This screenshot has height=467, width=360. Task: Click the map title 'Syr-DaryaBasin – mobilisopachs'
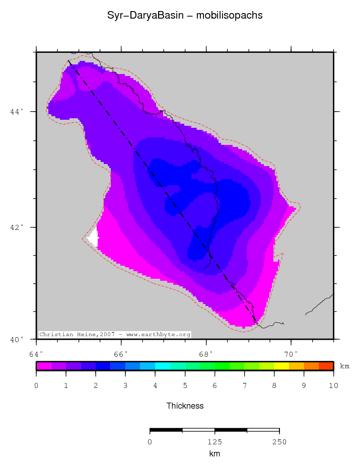point(185,16)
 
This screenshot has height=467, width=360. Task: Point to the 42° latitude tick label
point(17,227)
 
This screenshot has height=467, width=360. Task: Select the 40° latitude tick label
point(17,339)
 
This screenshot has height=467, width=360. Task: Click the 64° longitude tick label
point(36,354)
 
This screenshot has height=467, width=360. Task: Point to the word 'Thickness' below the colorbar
point(185,406)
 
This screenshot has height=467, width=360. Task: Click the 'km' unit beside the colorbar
point(344,366)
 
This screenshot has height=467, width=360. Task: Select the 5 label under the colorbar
point(185,386)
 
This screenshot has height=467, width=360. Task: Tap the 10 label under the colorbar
point(333,386)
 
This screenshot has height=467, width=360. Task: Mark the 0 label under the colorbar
point(36,386)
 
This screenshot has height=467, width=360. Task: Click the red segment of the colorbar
point(326,366)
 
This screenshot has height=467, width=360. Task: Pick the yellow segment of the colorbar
point(282,366)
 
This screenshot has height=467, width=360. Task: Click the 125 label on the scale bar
point(214,442)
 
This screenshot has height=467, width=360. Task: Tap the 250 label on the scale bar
point(279,442)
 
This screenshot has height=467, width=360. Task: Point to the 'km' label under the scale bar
point(214,453)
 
